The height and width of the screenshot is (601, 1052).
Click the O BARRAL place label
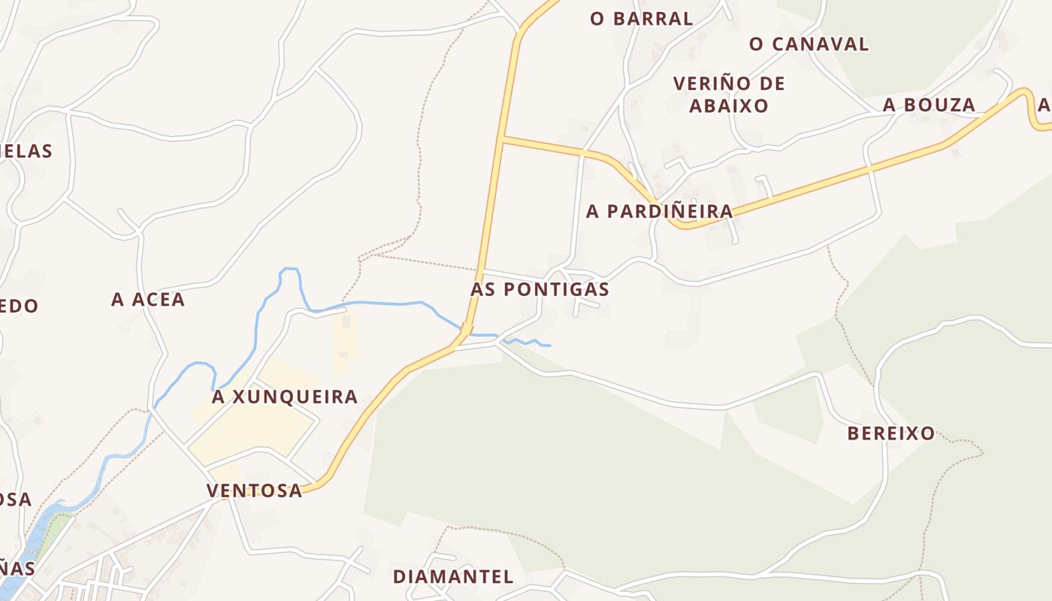pyautogui.click(x=641, y=19)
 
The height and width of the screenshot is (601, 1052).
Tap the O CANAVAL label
pyautogui.click(x=809, y=44)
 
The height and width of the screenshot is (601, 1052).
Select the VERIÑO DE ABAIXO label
pyautogui.click(x=728, y=95)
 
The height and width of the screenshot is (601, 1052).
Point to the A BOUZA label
pyautogui.click(x=929, y=105)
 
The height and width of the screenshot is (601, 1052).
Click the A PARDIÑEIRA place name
pyautogui.click(x=659, y=212)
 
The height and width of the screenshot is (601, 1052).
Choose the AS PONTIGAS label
pyautogui.click(x=540, y=289)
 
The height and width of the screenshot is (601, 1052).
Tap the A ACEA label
pyautogui.click(x=148, y=300)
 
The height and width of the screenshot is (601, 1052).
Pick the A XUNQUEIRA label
pyautogui.click(x=284, y=397)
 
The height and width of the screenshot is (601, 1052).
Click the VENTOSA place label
pyautogui.click(x=254, y=491)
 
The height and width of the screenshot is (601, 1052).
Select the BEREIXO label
pyautogui.click(x=891, y=433)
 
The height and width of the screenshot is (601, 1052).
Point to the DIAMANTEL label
pyautogui.click(x=453, y=577)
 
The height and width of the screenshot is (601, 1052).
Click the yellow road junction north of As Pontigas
pyautogui.click(x=501, y=138)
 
